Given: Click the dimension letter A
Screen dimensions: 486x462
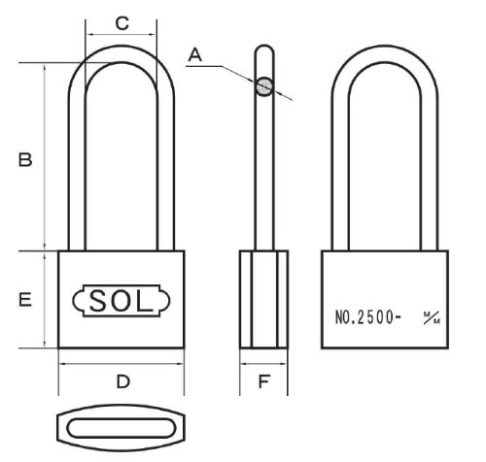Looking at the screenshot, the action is point(195,54).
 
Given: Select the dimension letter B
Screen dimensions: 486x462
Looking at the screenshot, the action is point(25,160).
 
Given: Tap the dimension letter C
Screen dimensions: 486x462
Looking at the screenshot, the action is point(122,23).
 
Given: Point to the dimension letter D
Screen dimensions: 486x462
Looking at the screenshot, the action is point(123,381).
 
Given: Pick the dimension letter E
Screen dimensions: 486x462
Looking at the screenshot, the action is point(25,299).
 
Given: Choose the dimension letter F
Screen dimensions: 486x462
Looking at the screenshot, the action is point(263,381).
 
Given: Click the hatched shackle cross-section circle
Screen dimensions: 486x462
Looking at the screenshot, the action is point(264,86).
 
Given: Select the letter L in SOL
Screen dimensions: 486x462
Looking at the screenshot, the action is point(144,301).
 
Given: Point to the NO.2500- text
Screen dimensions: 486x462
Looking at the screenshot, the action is point(367,317).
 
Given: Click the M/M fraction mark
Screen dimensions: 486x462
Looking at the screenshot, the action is point(433,317).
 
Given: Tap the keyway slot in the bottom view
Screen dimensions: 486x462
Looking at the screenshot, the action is point(121,428).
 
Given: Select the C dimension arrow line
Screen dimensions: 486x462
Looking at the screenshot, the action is point(121,34).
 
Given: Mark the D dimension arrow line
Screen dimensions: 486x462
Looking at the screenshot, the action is point(121,364).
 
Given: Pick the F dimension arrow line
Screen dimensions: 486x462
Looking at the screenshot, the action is point(263,364).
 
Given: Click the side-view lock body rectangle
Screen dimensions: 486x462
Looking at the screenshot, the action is point(263,299).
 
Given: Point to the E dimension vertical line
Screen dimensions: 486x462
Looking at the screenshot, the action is point(45,299).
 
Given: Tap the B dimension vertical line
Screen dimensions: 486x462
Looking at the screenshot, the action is point(45,156).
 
